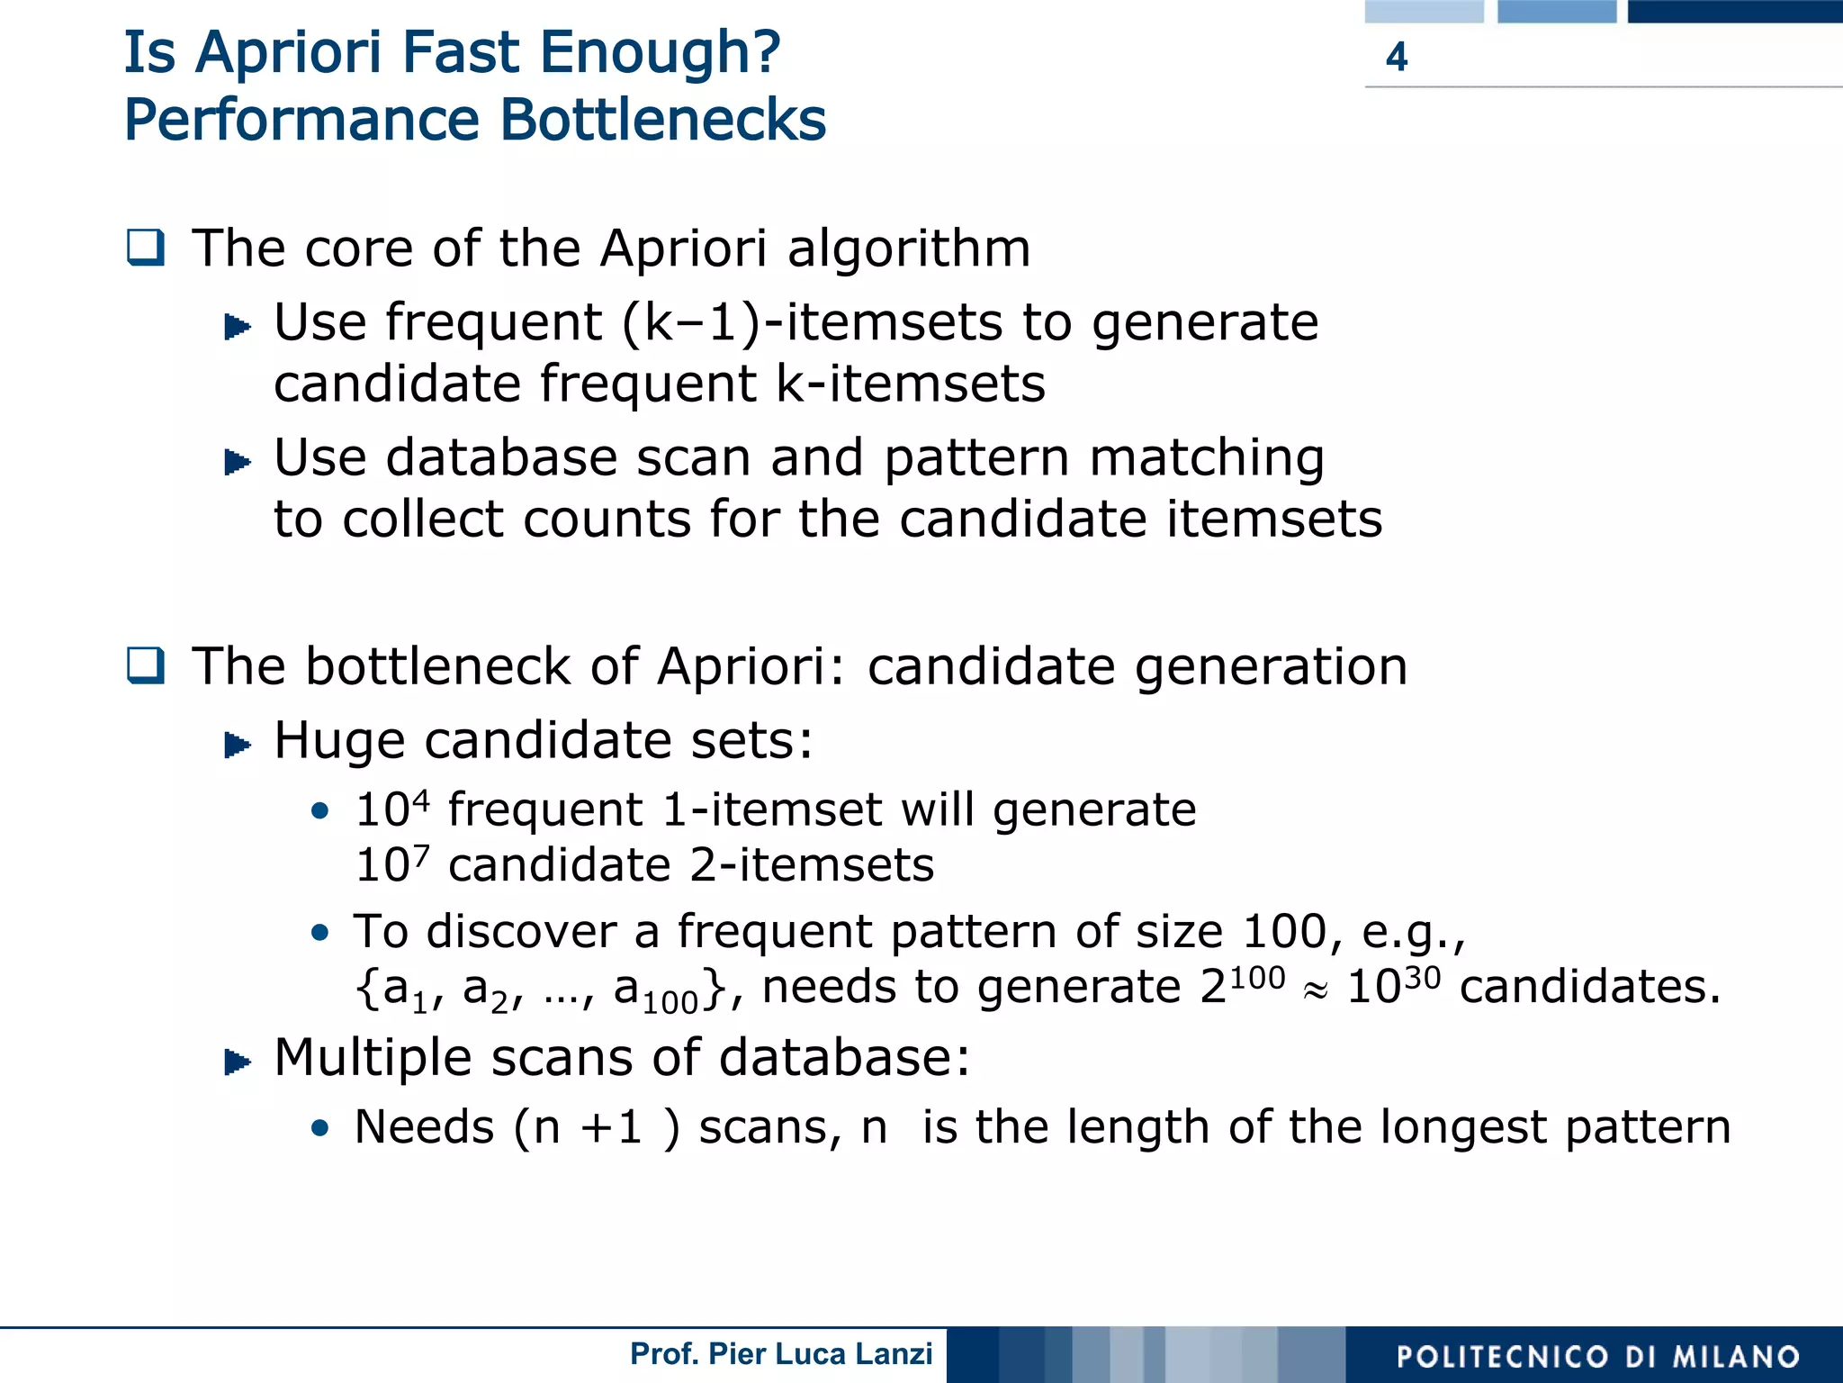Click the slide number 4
pyautogui.click(x=1396, y=57)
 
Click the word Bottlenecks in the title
pyautogui.click(x=662, y=120)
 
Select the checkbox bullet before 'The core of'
pyautogui.click(x=146, y=248)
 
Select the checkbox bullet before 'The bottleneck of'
pyautogui.click(x=146, y=666)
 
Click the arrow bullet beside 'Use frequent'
pyautogui.click(x=237, y=326)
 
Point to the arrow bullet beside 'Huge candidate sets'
pyautogui.click(x=237, y=745)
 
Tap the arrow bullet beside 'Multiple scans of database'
pyautogui.click(x=237, y=1062)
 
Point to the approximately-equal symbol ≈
pyautogui.click(x=1315, y=990)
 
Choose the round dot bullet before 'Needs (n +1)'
pyautogui.click(x=319, y=1128)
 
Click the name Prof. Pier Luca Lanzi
pyautogui.click(x=781, y=1353)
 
